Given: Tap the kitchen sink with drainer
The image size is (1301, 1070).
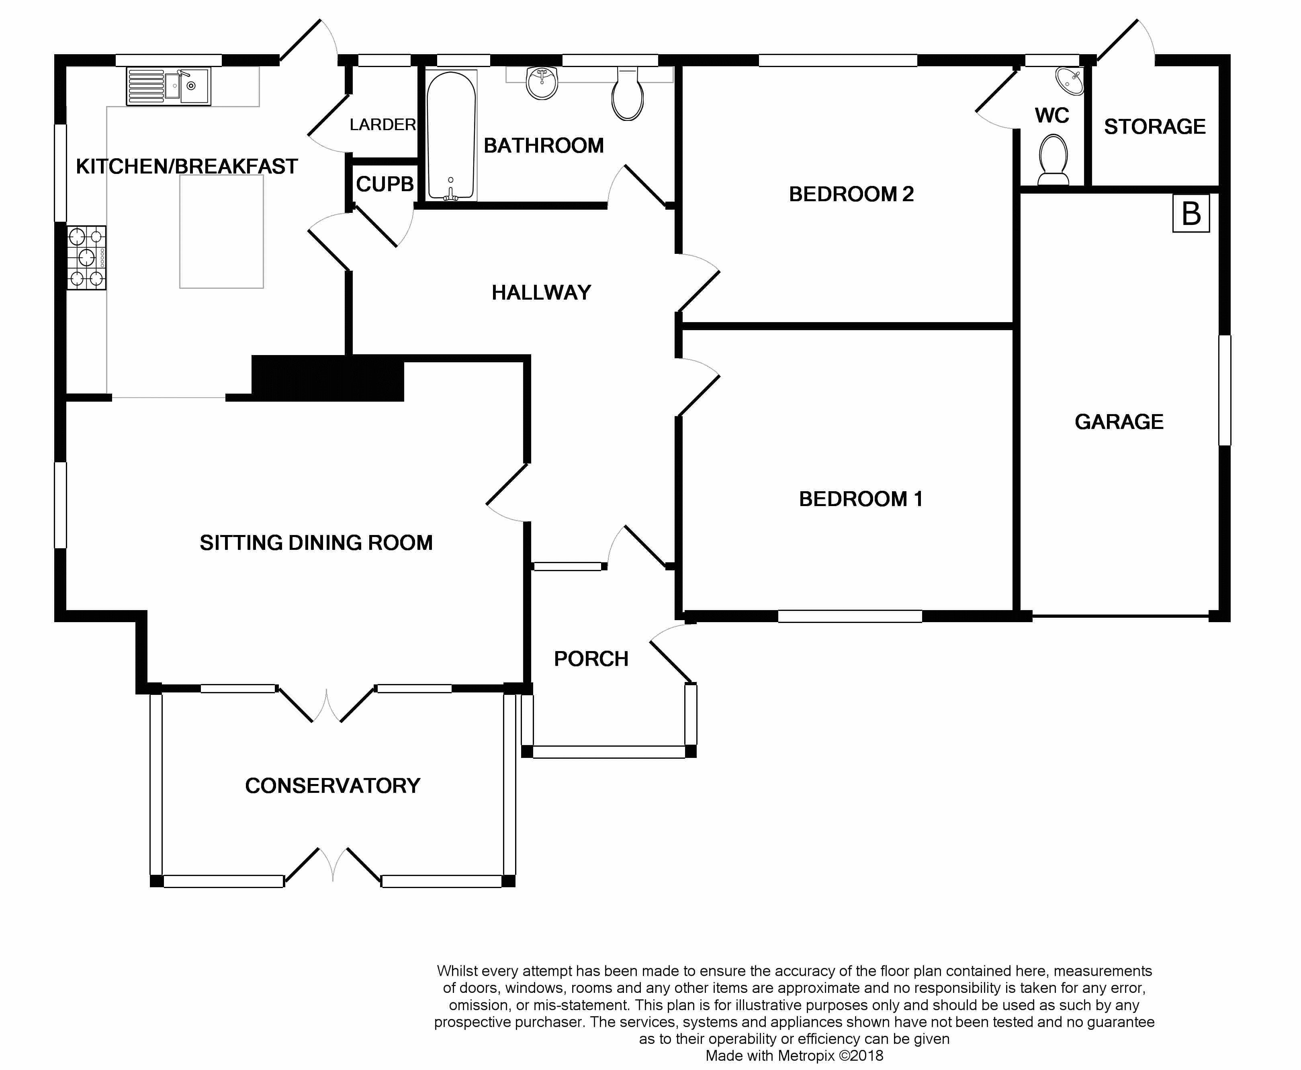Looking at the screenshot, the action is point(168,86).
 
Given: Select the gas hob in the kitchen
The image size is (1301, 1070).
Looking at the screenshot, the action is point(86,257).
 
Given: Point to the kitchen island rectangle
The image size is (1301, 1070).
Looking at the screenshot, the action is point(221,232).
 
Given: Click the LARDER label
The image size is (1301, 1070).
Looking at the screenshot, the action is point(382,125).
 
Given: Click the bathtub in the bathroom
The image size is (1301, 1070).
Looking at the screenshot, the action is point(451,136).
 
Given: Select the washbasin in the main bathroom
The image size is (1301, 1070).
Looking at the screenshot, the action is point(542,83).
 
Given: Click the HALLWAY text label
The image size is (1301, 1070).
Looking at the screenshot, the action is point(541,292).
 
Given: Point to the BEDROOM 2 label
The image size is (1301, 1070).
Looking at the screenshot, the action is point(851,194).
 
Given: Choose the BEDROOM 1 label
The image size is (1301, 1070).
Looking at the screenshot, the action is point(861,498).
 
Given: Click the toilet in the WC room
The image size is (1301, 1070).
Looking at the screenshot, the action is point(1053,159).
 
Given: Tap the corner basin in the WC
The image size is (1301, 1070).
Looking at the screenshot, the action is point(1070,82).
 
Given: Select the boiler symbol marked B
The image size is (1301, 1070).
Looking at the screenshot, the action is point(1191,213).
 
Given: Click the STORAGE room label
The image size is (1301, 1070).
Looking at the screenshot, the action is point(1154,127).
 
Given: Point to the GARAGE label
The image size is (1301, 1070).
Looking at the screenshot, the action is point(1119,422).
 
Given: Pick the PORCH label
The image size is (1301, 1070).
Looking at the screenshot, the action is point(591,659).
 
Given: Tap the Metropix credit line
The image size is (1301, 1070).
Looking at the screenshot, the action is point(794,1056).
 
